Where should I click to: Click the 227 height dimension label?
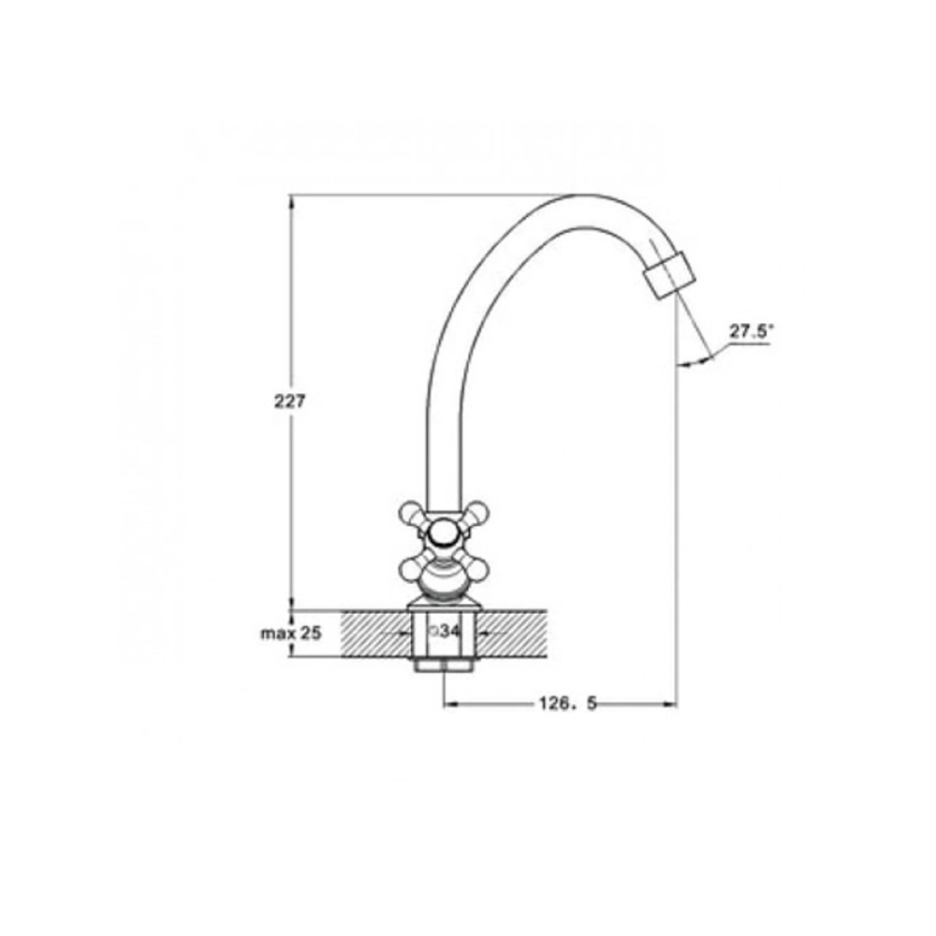pyautogui.click(x=289, y=402)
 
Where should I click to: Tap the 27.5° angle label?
pyautogui.click(x=751, y=331)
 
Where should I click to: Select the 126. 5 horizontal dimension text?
pyautogui.click(x=568, y=704)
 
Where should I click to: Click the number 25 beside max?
pyautogui.click(x=311, y=633)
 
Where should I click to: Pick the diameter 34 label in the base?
pyautogui.click(x=445, y=630)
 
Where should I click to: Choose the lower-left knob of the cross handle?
pyautogui.click(x=411, y=568)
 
